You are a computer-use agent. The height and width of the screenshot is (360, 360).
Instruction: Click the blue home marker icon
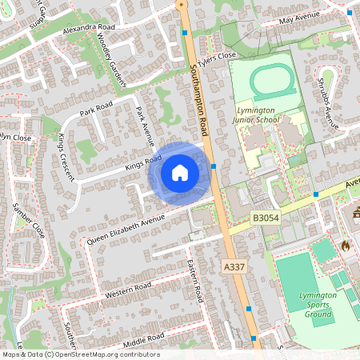(180, 172)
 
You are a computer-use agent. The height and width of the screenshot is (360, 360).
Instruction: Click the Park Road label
(97, 109)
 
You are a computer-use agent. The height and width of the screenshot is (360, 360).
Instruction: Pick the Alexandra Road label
(87, 28)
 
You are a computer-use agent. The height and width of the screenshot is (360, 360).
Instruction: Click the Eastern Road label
(195, 280)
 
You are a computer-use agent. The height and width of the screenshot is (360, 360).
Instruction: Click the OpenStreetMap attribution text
(80, 354)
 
